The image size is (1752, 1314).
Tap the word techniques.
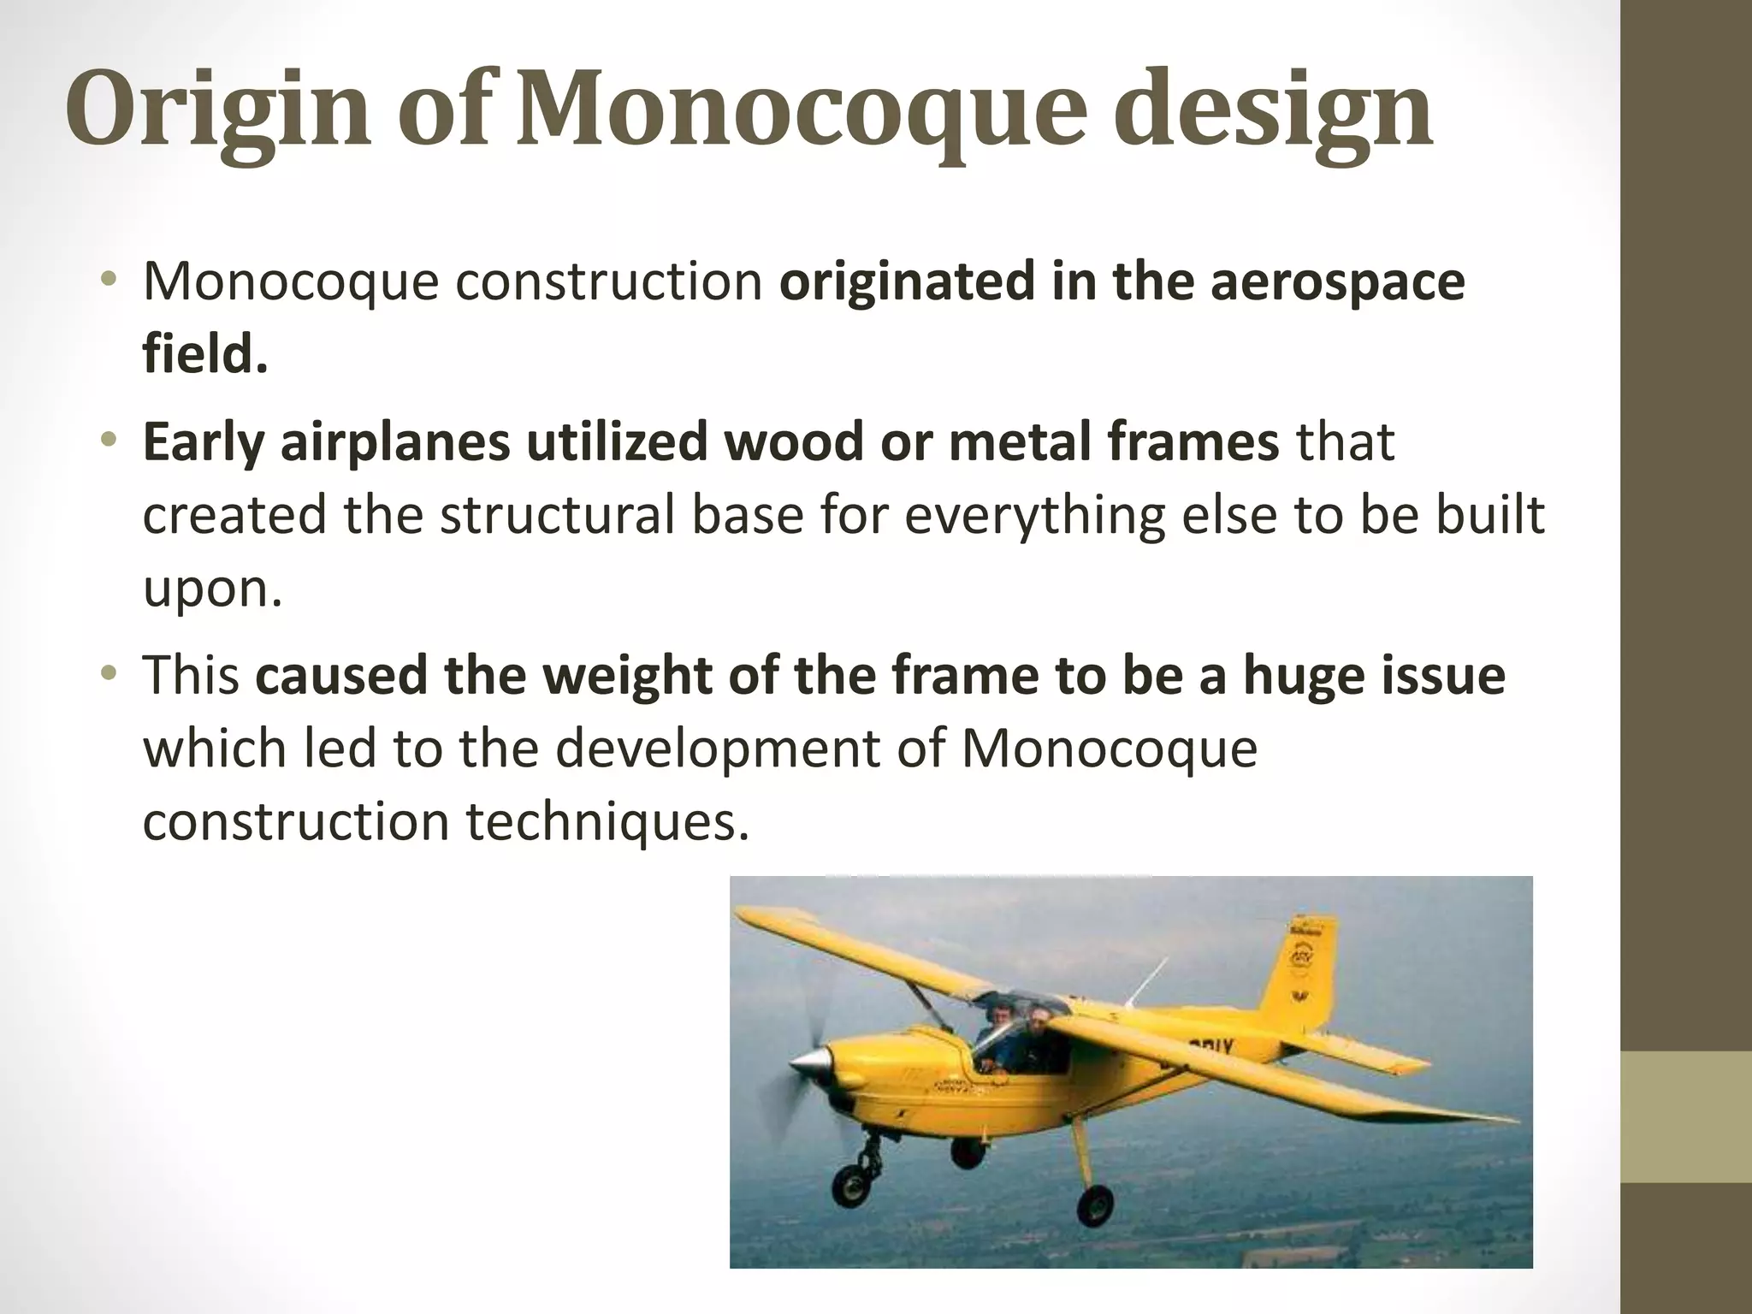(x=601, y=821)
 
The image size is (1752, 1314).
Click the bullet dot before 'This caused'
(x=108, y=674)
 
